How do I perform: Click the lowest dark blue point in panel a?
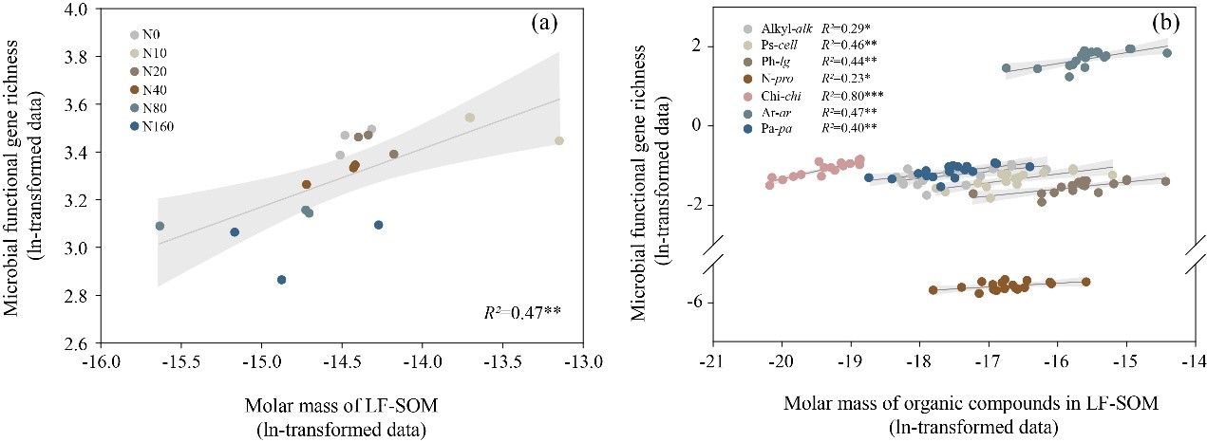click(282, 280)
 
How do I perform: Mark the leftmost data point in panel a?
click(160, 226)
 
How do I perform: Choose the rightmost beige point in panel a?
click(559, 140)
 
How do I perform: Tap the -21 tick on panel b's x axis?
click(712, 361)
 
